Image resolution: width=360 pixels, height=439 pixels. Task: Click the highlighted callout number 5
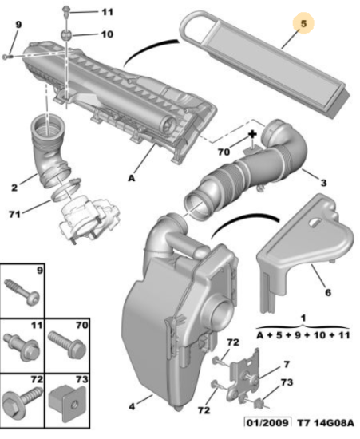click(303, 23)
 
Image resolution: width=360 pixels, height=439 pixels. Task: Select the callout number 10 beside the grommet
click(107, 34)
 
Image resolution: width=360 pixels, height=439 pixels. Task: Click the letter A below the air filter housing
click(132, 178)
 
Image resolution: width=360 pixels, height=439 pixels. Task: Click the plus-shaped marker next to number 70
click(253, 134)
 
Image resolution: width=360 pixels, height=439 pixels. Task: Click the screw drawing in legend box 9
click(22, 293)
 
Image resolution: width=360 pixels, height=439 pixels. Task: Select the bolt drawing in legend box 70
click(68, 344)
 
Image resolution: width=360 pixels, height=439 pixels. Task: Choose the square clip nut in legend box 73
click(68, 403)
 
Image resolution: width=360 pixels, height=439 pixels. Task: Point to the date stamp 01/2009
click(267, 422)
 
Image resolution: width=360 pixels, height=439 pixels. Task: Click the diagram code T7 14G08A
click(326, 422)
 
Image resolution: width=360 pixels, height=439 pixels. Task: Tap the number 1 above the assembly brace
click(303, 318)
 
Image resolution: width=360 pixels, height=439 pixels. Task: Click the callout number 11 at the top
click(107, 12)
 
